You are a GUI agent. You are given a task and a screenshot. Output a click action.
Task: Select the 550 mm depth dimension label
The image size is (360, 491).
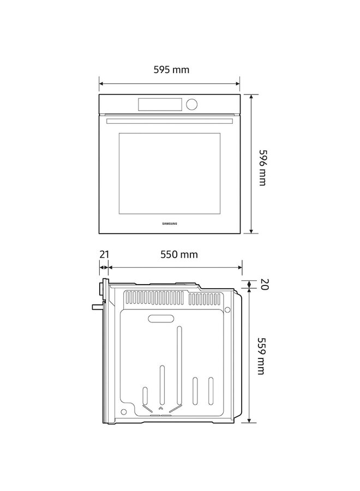pos(178,254)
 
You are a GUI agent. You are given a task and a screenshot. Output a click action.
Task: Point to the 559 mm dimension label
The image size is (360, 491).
pos(262,355)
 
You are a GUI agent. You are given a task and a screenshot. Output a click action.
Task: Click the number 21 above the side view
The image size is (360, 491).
pos(104,254)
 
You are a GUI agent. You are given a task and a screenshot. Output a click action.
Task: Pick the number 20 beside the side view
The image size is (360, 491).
pos(264,284)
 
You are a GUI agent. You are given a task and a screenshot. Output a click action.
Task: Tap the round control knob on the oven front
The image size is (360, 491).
pos(191,104)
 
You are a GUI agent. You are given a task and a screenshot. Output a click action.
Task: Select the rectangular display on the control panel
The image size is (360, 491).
pos(160,104)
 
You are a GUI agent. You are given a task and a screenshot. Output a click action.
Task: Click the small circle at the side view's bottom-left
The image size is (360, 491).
pos(124,412)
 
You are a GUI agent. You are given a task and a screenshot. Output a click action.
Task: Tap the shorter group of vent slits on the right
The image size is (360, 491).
pos(208,299)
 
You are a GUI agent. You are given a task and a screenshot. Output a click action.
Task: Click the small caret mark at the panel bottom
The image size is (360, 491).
pos(160,408)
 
